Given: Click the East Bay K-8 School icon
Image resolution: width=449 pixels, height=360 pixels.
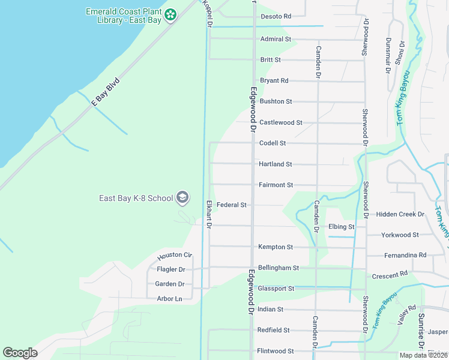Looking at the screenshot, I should (182, 197).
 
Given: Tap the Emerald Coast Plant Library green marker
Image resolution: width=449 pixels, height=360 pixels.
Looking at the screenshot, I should (170, 14).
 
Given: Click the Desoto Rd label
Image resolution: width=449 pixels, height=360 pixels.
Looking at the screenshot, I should (276, 16).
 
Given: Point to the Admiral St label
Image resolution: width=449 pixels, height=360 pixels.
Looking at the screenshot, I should (276, 39).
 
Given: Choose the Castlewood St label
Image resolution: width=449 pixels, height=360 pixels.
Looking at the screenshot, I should (280, 122).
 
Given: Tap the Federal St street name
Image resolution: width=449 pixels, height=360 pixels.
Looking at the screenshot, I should (232, 205).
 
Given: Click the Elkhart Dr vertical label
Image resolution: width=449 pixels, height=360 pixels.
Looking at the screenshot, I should (209, 214).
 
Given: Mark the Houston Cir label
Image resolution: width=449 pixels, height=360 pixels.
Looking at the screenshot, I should (174, 256).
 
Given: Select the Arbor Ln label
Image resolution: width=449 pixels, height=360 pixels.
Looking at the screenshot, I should (169, 299).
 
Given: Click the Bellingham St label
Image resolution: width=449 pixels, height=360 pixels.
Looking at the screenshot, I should (278, 268).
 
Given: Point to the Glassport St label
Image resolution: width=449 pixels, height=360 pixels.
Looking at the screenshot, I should (276, 289).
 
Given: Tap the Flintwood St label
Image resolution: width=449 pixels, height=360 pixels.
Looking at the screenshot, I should (276, 351).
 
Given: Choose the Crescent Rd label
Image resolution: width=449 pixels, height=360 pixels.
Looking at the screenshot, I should (390, 274).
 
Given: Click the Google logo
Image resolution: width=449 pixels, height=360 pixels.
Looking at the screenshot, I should (20, 352).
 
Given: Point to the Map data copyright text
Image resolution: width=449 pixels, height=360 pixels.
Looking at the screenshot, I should (423, 355).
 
